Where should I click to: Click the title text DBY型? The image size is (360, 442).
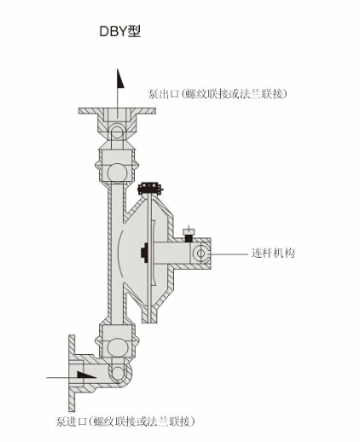click(x=120, y=32)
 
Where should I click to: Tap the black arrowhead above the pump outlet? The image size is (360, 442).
click(x=120, y=79)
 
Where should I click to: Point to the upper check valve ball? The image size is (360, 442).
click(x=117, y=172)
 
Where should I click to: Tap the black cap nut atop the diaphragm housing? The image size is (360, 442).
click(x=150, y=188)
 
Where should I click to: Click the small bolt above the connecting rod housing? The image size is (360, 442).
click(x=189, y=234)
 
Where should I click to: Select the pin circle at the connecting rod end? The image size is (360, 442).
click(x=200, y=253)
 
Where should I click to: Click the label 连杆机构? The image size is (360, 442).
click(x=273, y=253)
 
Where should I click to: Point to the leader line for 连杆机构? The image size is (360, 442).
click(x=229, y=253)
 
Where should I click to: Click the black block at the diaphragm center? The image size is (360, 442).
click(x=145, y=253)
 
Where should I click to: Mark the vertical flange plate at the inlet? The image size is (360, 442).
click(x=73, y=373)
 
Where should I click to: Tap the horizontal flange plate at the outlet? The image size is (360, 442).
click(x=117, y=111)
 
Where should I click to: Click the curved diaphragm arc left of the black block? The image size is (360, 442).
click(x=120, y=253)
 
